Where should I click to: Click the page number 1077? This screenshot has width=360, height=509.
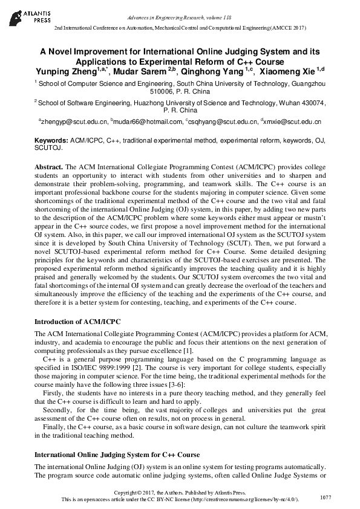pos(326,497)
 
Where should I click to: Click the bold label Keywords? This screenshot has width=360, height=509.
pos(51,140)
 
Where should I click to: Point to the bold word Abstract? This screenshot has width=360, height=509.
pos(48,166)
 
